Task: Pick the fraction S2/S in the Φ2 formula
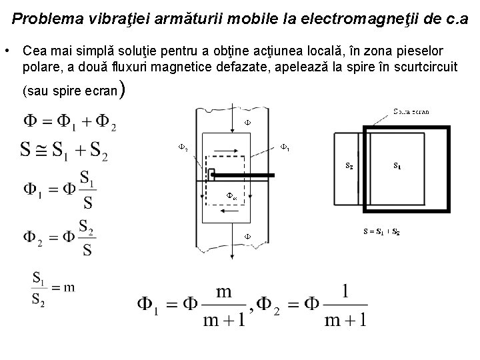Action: (x=87, y=238)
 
